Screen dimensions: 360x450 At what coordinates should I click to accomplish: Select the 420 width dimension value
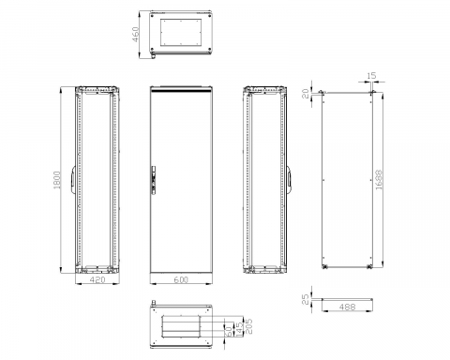(90, 278)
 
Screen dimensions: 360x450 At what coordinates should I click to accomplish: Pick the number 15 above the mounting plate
(372, 76)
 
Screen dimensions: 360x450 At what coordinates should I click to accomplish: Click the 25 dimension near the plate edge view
(306, 301)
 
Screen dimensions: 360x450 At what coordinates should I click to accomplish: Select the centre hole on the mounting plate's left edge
(322, 176)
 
